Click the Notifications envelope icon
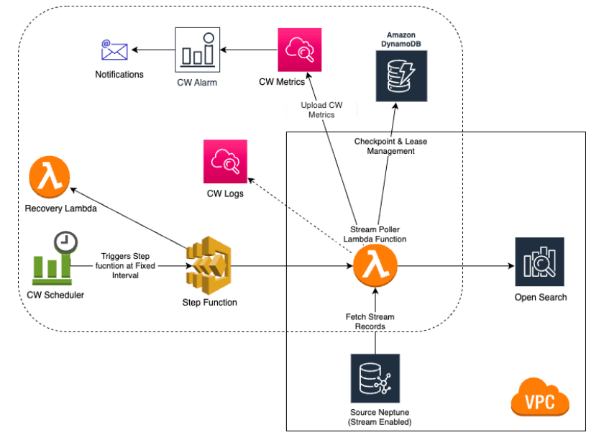(114, 50)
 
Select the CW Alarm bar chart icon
(196, 50)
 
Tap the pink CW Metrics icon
(299, 50)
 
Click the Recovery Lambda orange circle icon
(50, 179)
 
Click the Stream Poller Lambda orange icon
(375, 266)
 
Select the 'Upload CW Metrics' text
(321, 110)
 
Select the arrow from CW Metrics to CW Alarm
(249, 50)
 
